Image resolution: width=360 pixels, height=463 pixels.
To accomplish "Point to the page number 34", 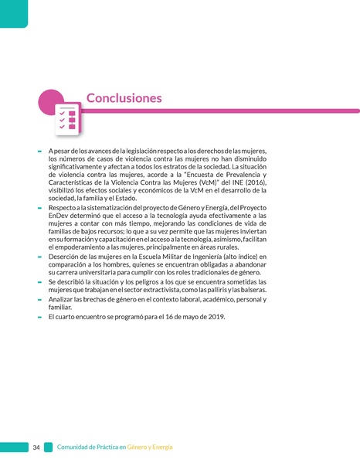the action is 36,448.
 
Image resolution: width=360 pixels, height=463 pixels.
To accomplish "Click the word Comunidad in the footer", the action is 75,448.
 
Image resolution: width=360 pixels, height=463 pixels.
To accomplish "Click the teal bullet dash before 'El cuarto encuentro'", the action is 39,316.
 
